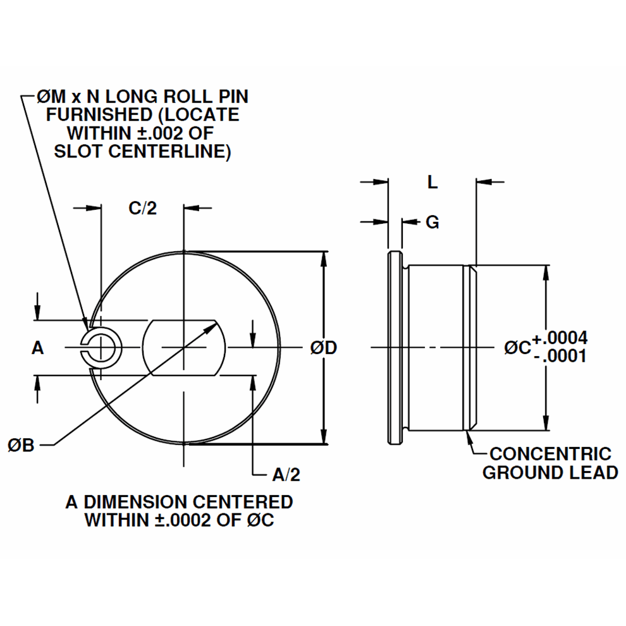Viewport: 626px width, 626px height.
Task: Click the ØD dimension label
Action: pos(323,347)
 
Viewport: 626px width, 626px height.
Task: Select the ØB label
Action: pos(21,446)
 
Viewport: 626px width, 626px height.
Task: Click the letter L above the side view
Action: pos(432,183)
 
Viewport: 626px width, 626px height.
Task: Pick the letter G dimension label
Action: pos(433,223)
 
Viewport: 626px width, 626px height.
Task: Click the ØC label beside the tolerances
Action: pos(517,347)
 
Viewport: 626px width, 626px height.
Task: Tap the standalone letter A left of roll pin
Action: pos(38,348)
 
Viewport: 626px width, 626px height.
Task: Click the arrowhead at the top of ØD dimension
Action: pos(324,260)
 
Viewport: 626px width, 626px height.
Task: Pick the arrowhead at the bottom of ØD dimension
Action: pos(324,436)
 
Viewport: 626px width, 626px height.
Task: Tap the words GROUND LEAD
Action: pos(549,472)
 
